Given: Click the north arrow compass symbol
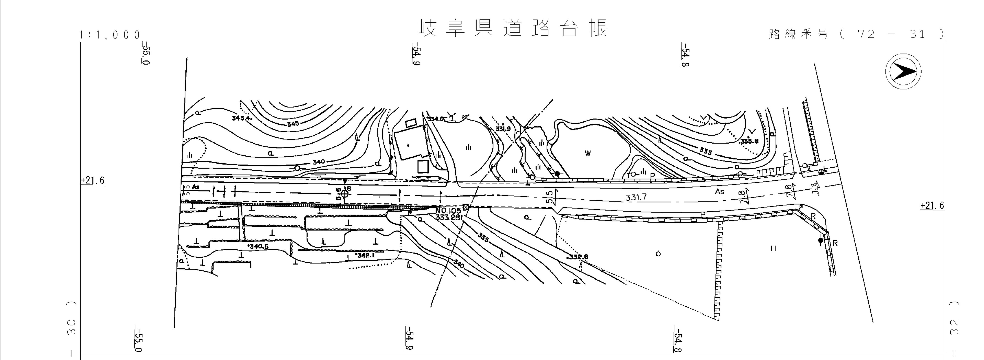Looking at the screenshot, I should (903, 71).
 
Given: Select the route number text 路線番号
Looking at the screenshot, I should (798, 34).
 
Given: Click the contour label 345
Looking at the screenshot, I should (293, 124).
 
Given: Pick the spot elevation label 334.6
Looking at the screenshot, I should (436, 119).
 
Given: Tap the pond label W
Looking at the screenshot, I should (588, 154).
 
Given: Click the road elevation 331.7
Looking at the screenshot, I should (636, 198).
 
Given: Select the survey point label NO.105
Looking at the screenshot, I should (448, 211).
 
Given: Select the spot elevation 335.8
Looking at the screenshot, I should (749, 141).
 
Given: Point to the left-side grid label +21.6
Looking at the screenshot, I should (93, 180).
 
